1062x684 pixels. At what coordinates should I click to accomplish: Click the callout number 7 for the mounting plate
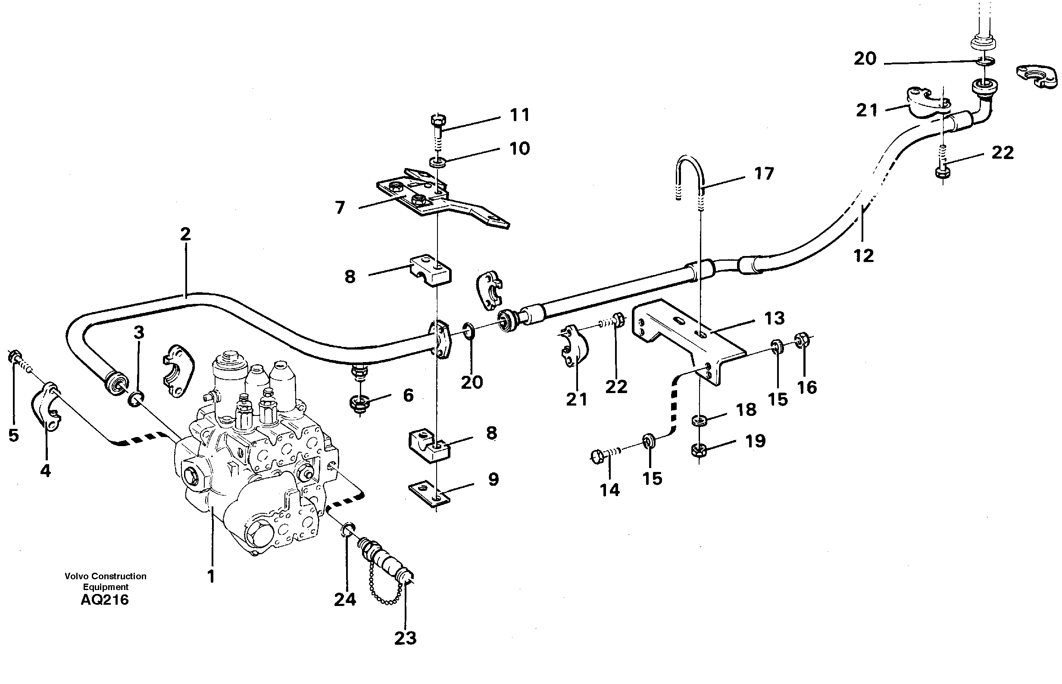point(340,207)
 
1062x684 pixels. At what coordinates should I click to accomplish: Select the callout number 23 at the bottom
point(405,638)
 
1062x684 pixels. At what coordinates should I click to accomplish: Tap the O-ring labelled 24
point(349,529)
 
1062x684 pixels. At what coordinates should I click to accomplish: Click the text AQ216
point(105,600)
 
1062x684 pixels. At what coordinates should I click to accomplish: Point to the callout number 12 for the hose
point(863,256)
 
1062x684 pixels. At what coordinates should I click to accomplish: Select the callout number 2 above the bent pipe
point(185,234)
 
